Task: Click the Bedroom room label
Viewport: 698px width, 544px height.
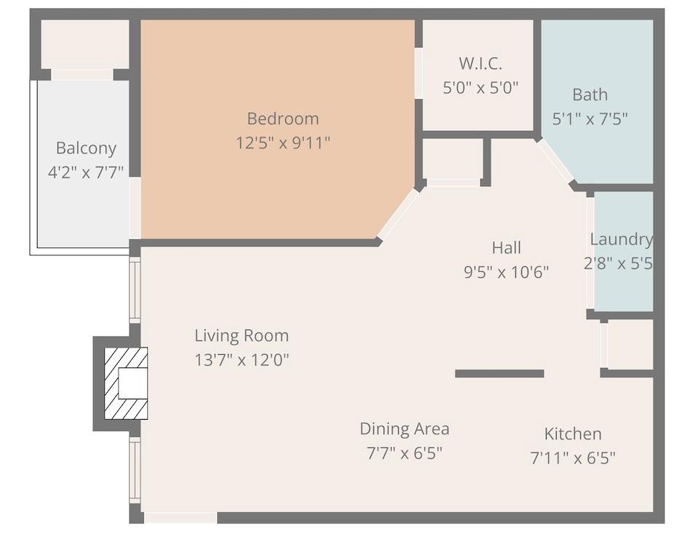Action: tap(282, 119)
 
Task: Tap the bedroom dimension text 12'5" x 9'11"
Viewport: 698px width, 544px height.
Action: tap(282, 143)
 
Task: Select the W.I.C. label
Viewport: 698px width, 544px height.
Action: tap(480, 63)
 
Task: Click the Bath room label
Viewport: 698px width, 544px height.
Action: tap(590, 95)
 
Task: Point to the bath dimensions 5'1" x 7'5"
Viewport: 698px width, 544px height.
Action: tap(590, 118)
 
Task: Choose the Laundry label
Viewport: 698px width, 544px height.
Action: tap(621, 239)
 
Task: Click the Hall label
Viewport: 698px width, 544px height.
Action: tap(506, 248)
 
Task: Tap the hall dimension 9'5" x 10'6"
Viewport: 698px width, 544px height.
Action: tap(506, 272)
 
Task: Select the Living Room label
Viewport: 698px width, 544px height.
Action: tap(241, 336)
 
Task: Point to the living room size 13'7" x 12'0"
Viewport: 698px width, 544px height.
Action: tap(241, 360)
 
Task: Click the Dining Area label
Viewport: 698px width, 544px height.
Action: tap(404, 429)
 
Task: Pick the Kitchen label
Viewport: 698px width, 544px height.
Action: tap(573, 434)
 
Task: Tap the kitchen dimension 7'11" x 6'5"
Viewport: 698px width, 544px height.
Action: tap(573, 458)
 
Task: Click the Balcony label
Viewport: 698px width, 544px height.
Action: tap(86, 148)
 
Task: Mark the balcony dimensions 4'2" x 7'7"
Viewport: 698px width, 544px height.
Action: tap(86, 172)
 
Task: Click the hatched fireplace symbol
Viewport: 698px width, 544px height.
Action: tap(126, 383)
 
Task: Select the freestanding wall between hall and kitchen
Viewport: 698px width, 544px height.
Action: tap(499, 374)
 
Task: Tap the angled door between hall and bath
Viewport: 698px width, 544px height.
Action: tap(556, 161)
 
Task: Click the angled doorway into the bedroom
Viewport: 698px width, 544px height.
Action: tap(398, 214)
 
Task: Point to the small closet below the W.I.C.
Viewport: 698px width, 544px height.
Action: tap(452, 159)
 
